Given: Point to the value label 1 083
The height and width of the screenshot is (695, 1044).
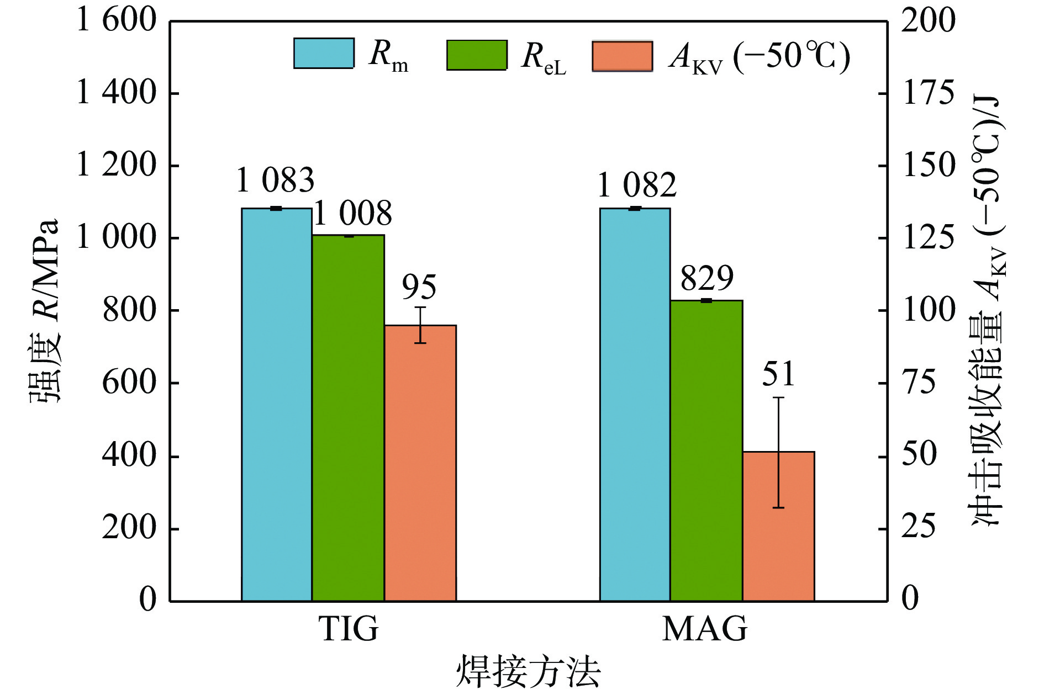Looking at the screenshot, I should click(275, 180).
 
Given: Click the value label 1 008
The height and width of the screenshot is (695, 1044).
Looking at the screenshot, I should click(352, 214).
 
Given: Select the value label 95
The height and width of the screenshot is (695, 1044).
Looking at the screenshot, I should click(419, 287).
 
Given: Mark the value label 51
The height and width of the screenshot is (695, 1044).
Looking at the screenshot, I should click(778, 374).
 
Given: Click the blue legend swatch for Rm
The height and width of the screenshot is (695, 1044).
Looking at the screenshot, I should click(324, 54).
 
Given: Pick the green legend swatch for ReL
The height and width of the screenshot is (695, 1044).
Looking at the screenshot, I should click(476, 55).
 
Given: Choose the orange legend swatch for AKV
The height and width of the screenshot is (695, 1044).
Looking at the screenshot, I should click(622, 56).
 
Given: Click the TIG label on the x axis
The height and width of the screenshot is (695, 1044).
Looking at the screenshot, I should click(349, 628).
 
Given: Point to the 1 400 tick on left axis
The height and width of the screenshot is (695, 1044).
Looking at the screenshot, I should click(116, 93).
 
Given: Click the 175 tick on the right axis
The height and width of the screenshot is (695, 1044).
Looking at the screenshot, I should click(928, 93).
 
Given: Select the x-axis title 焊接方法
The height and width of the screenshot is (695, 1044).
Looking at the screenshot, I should click(528, 672).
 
